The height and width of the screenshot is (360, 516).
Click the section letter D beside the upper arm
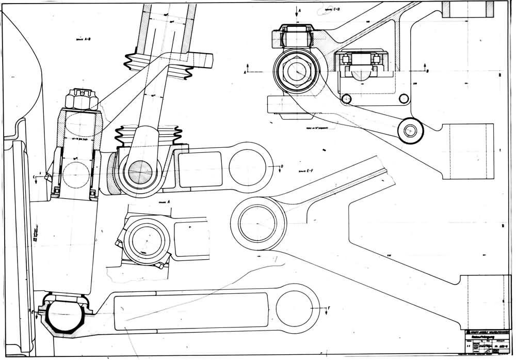282,166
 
